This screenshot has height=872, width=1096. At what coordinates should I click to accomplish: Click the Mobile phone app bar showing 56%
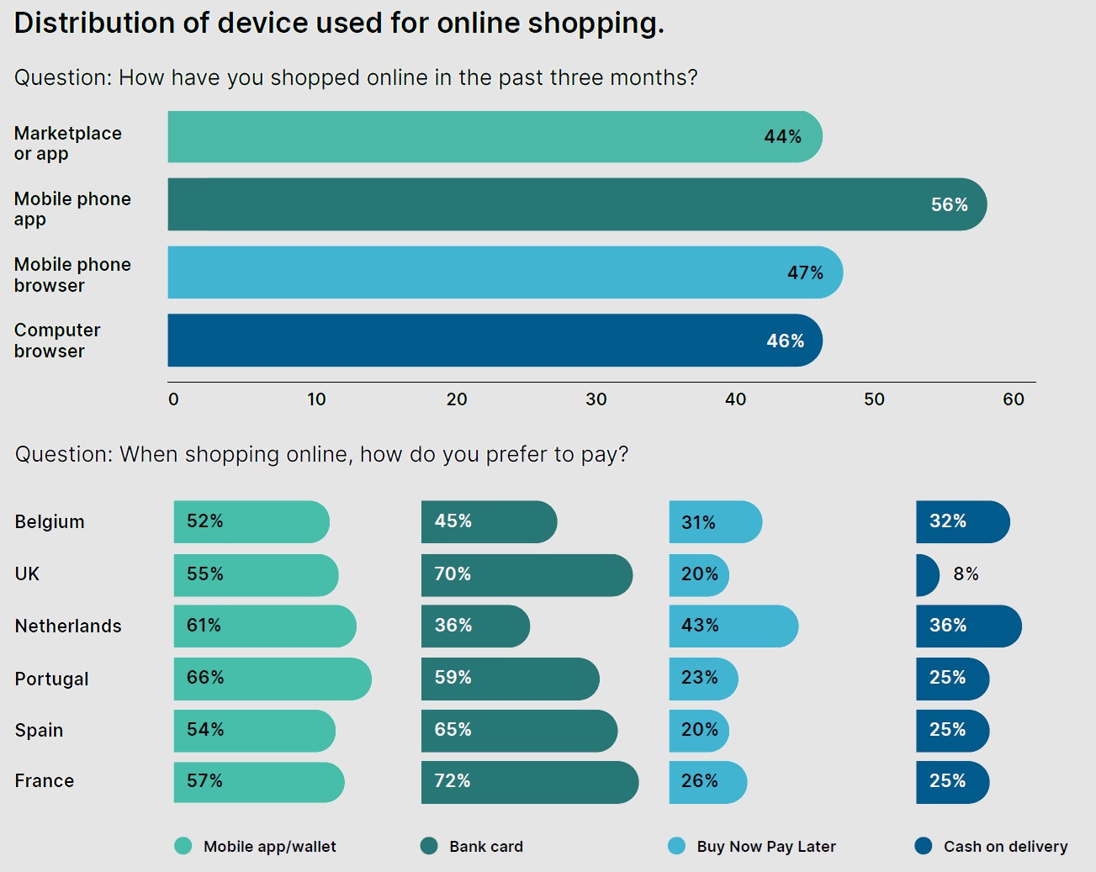pos(577,204)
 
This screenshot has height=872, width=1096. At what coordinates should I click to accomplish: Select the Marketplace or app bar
pos(495,137)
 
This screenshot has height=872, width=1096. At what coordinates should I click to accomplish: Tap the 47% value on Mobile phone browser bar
pos(805,272)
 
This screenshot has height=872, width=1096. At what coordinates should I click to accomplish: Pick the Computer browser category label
pos(57,341)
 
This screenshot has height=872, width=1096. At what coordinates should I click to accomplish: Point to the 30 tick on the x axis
pos(596,399)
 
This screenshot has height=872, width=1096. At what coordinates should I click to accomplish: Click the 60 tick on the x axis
pos(1014,399)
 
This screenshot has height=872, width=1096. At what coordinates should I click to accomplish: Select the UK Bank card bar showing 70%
pos(527,575)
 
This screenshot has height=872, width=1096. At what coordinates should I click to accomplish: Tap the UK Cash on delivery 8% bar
pos(927,575)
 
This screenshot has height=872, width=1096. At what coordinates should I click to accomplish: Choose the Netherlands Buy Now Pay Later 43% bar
pos(733,626)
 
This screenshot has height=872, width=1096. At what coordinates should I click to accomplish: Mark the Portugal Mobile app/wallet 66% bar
pos(273,679)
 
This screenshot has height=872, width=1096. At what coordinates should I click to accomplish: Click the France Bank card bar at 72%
pos(530,782)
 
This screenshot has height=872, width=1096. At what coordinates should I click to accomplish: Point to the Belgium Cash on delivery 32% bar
pos(962,522)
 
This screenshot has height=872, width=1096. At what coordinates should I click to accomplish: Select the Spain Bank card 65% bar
pos(519,731)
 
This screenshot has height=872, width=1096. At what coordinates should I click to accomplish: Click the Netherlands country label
pos(68,626)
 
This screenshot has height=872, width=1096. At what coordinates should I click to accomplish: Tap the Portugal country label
pos(51,679)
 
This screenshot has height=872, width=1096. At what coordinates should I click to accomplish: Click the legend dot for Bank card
pos(429,846)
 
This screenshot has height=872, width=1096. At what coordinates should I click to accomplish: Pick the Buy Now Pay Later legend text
pos(766,847)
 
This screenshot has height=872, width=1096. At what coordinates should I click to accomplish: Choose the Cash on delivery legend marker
pos(924,846)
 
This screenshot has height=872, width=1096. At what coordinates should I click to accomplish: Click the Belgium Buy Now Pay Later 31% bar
pos(715,522)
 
